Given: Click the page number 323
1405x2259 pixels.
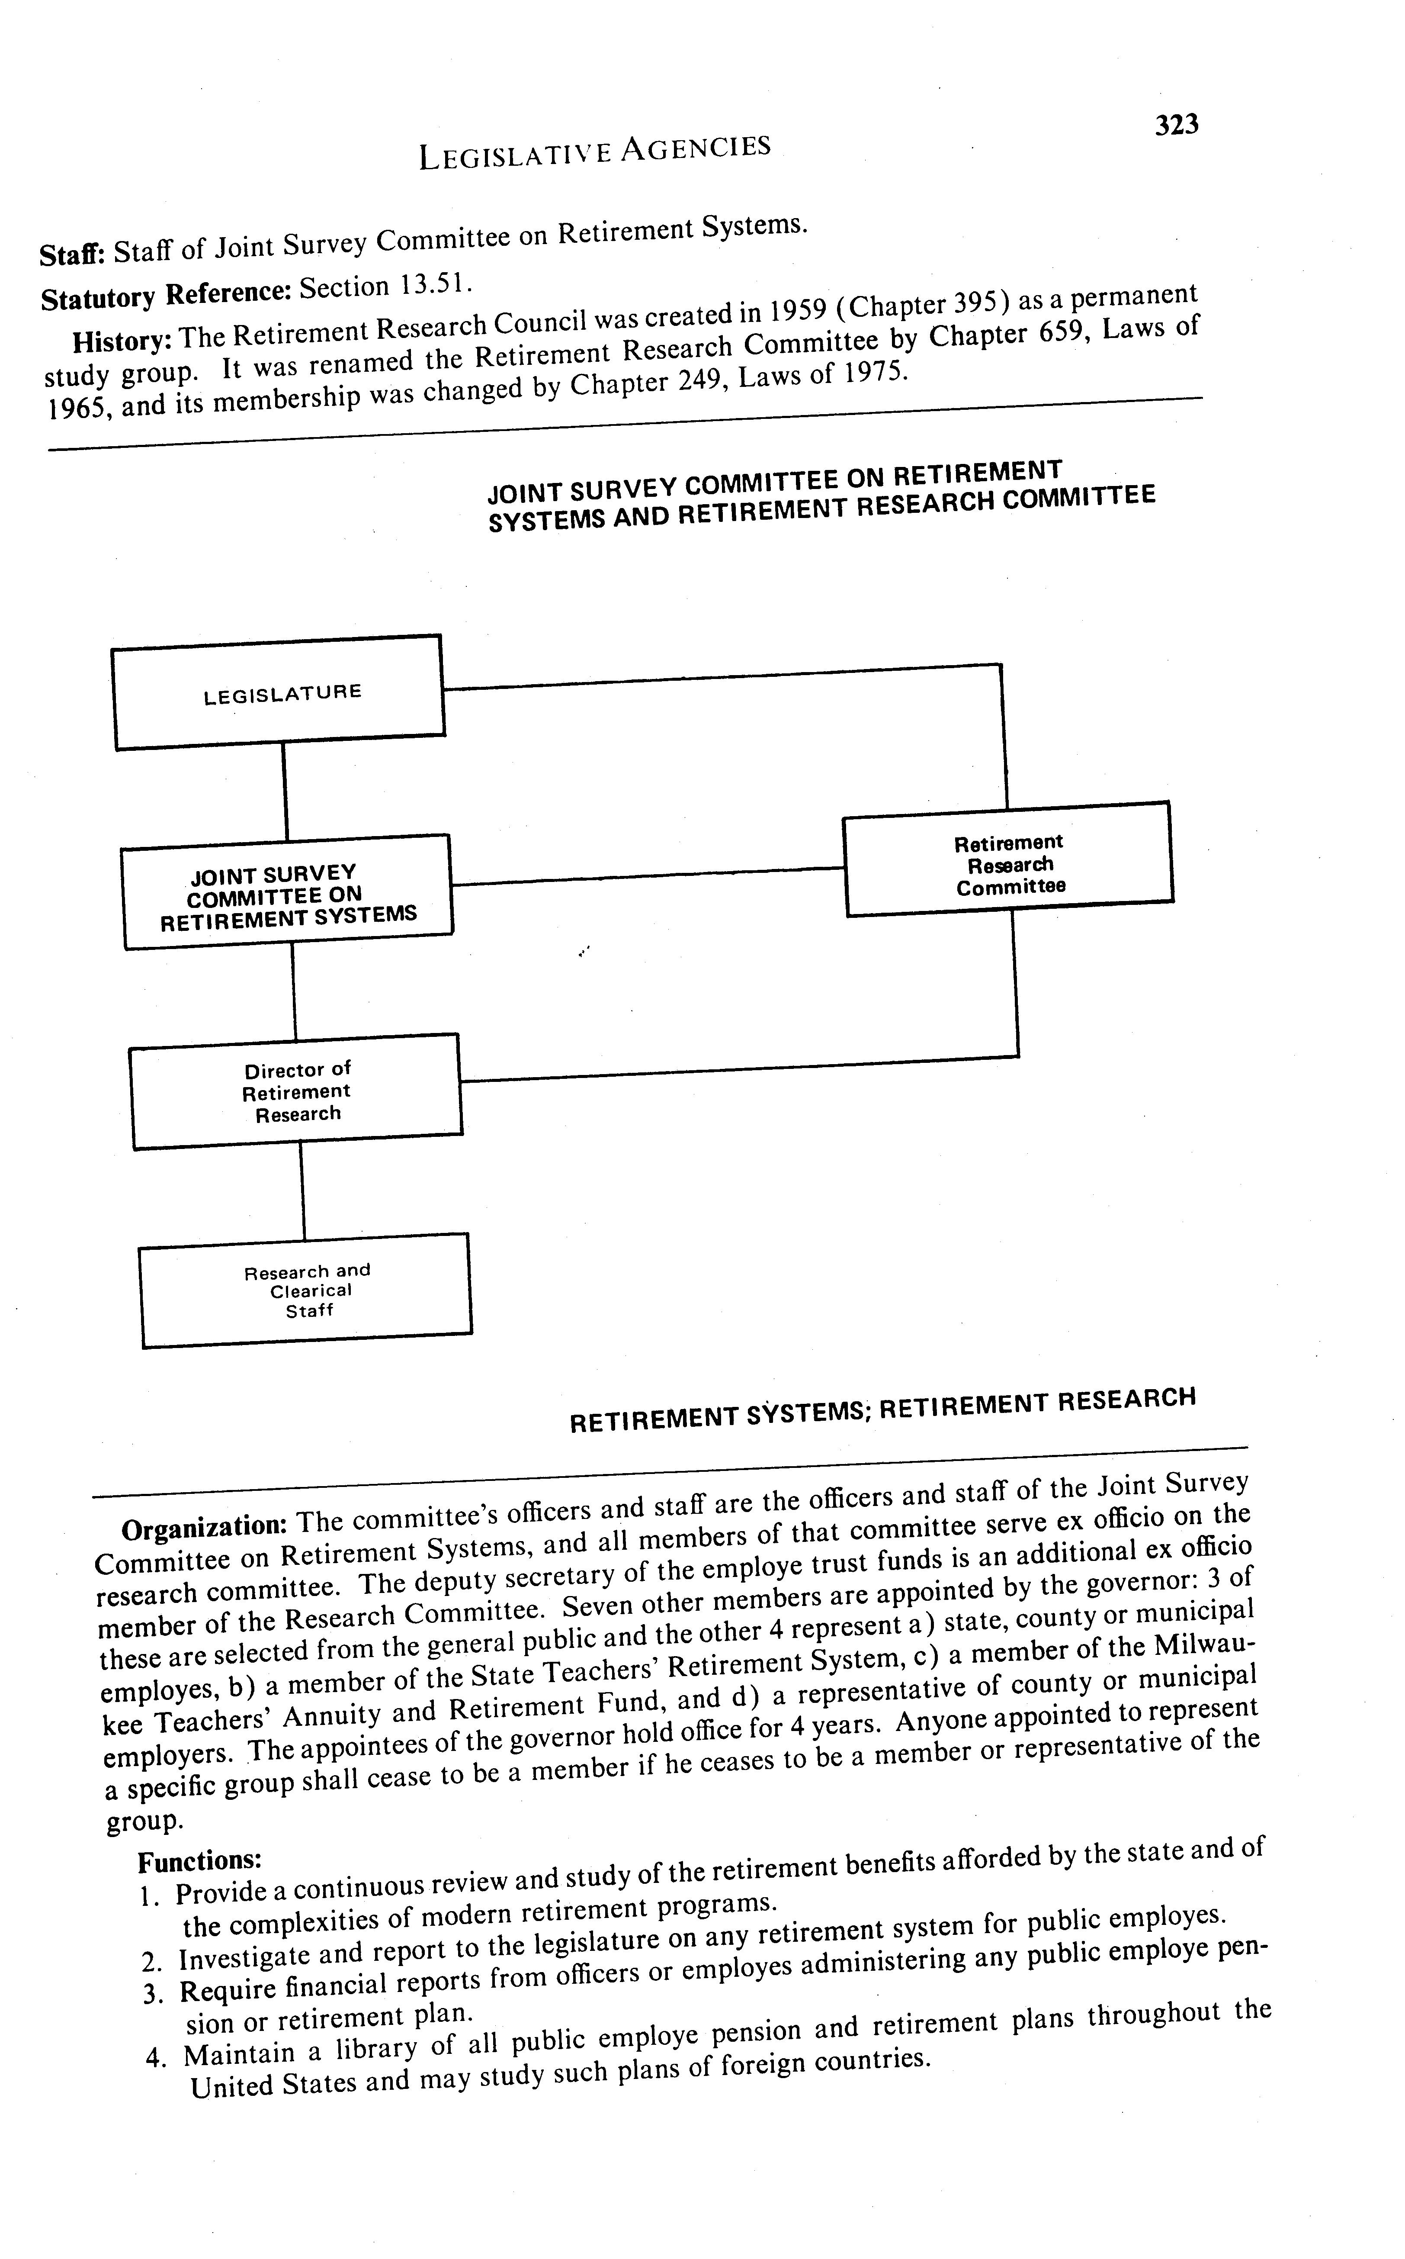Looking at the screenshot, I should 1177,125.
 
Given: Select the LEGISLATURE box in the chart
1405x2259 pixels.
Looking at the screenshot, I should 279,692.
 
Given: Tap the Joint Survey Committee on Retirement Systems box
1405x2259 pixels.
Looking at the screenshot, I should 287,892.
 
